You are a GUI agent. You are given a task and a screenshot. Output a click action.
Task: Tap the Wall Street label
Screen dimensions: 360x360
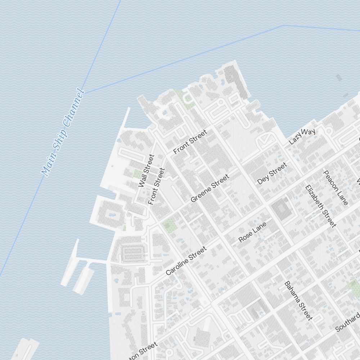pyautogui.click(x=146, y=171)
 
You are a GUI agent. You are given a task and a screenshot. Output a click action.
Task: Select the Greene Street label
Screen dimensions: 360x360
pyautogui.click(x=210, y=188)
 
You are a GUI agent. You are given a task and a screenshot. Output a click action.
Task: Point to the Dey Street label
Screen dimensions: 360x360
pyautogui.click(x=273, y=173)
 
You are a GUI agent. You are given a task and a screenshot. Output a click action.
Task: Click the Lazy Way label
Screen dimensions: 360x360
pyautogui.click(x=302, y=136)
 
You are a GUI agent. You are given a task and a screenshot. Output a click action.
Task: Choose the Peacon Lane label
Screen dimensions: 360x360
pyautogui.click(x=336, y=188)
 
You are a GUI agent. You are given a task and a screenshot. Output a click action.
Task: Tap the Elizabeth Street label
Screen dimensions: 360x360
pyautogui.click(x=320, y=206)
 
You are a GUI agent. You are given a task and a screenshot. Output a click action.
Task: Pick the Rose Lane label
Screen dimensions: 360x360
pyautogui.click(x=252, y=232)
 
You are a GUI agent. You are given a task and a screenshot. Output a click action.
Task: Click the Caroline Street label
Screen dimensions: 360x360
pyautogui.click(x=186, y=261)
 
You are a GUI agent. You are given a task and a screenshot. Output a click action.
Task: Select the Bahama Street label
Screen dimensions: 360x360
pyautogui.click(x=298, y=301)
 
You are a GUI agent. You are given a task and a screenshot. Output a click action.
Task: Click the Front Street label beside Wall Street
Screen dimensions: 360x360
pyautogui.click(x=157, y=186)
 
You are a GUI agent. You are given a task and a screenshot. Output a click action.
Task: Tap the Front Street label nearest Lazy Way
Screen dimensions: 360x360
pyautogui.click(x=190, y=142)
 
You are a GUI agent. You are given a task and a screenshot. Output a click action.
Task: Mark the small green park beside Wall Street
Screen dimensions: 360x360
pyautogui.click(x=137, y=174)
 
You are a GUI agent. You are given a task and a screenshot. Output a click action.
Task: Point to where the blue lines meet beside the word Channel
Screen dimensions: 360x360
pyautogui.click(x=84, y=92)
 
